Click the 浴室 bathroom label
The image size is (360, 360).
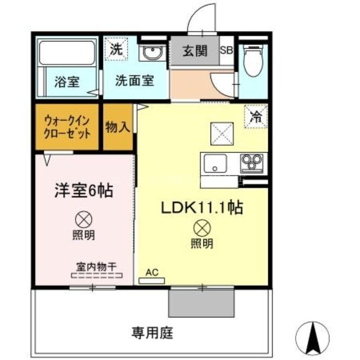point(67,82)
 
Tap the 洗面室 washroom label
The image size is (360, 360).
point(135,81)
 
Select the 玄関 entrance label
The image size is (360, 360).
point(194,50)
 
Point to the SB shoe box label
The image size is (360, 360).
point(226,50)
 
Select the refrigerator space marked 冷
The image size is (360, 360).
point(256,117)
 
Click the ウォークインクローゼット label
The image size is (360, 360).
point(67,127)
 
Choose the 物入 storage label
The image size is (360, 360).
point(118,127)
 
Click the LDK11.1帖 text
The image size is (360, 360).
point(202,207)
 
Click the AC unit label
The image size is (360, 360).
point(152,272)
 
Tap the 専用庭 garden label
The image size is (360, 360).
point(153,333)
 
